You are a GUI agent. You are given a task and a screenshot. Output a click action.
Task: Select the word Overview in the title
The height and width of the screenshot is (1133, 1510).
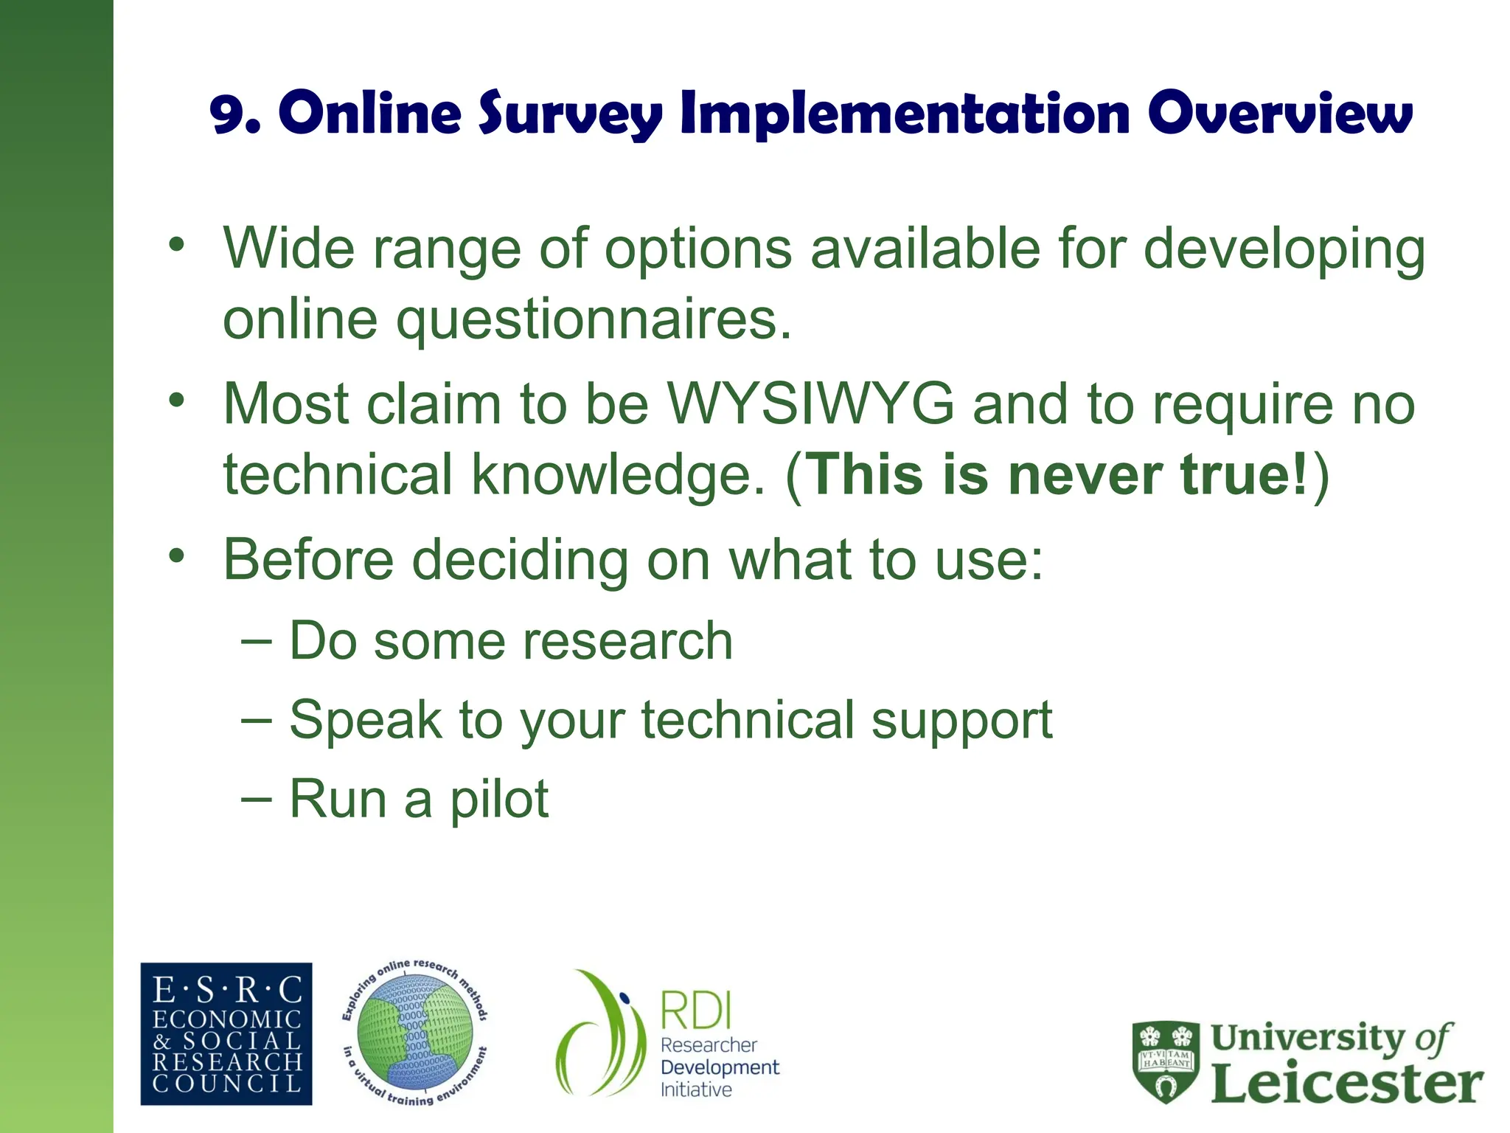[1280, 114]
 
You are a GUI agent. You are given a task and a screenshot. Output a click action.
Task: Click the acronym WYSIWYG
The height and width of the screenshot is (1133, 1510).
[810, 404]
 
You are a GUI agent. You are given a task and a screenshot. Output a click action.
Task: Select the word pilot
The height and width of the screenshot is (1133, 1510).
[499, 799]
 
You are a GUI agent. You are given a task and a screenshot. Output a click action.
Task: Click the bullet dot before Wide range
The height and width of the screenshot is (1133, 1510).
[176, 244]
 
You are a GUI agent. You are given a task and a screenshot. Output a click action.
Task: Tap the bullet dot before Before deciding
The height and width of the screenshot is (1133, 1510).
[176, 555]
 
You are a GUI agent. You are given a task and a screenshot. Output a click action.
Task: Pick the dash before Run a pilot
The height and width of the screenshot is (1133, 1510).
[257, 798]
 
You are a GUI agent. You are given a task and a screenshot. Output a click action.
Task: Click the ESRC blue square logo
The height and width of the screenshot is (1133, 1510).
[226, 1033]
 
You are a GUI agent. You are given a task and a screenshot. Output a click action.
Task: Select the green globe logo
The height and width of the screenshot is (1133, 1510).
[414, 1033]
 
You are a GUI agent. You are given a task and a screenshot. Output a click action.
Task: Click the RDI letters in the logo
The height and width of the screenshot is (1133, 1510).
[695, 1011]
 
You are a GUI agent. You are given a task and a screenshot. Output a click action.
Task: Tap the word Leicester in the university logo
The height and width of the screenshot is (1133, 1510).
[1346, 1084]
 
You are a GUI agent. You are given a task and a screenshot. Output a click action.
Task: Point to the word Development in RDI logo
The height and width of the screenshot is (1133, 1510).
[720, 1067]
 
